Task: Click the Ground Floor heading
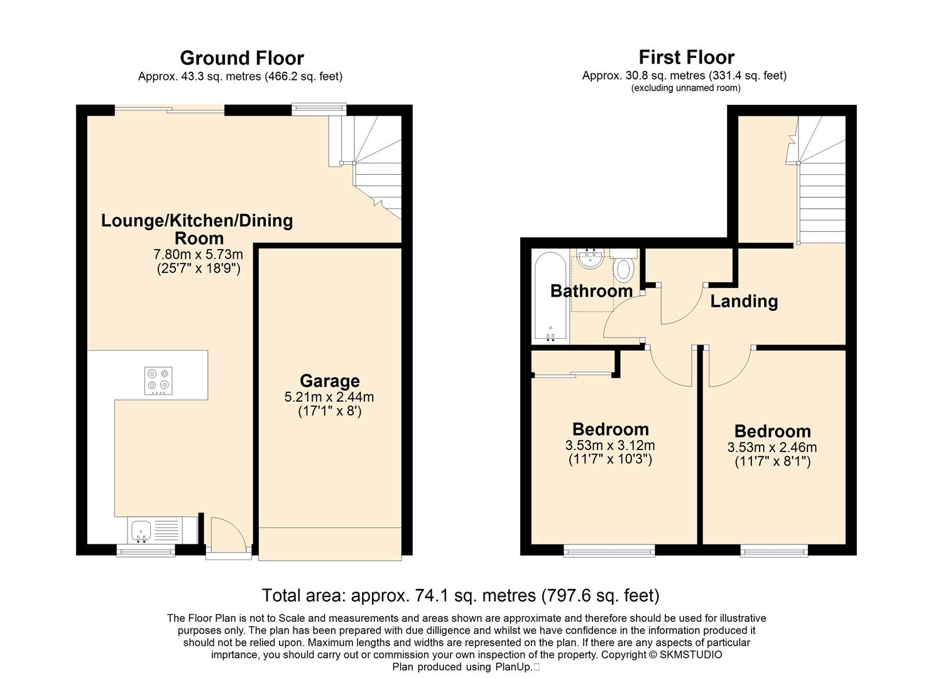tap(242, 58)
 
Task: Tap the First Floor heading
tap(687, 57)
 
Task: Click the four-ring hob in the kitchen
tap(158, 380)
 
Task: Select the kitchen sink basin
tap(141, 531)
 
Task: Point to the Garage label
tap(329, 381)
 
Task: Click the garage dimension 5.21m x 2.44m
tap(329, 397)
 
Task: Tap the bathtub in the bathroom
tap(550, 297)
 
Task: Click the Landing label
tap(744, 301)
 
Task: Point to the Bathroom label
tap(591, 291)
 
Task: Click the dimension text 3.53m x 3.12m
tap(610, 446)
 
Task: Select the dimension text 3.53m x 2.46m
tap(772, 448)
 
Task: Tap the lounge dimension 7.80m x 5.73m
tap(199, 254)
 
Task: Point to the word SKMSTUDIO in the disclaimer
tap(691, 655)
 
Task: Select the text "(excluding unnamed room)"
tap(686, 88)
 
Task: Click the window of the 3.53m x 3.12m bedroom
tap(609, 551)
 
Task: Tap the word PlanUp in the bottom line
tap(513, 667)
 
